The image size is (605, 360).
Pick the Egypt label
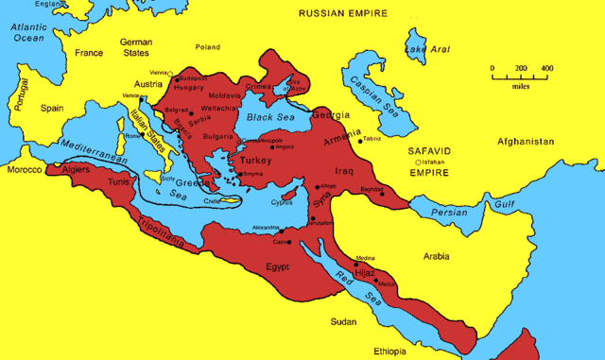click(277, 266)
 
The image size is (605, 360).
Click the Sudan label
click(342, 322)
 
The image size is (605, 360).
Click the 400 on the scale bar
click(546, 69)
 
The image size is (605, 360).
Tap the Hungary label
click(190, 87)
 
